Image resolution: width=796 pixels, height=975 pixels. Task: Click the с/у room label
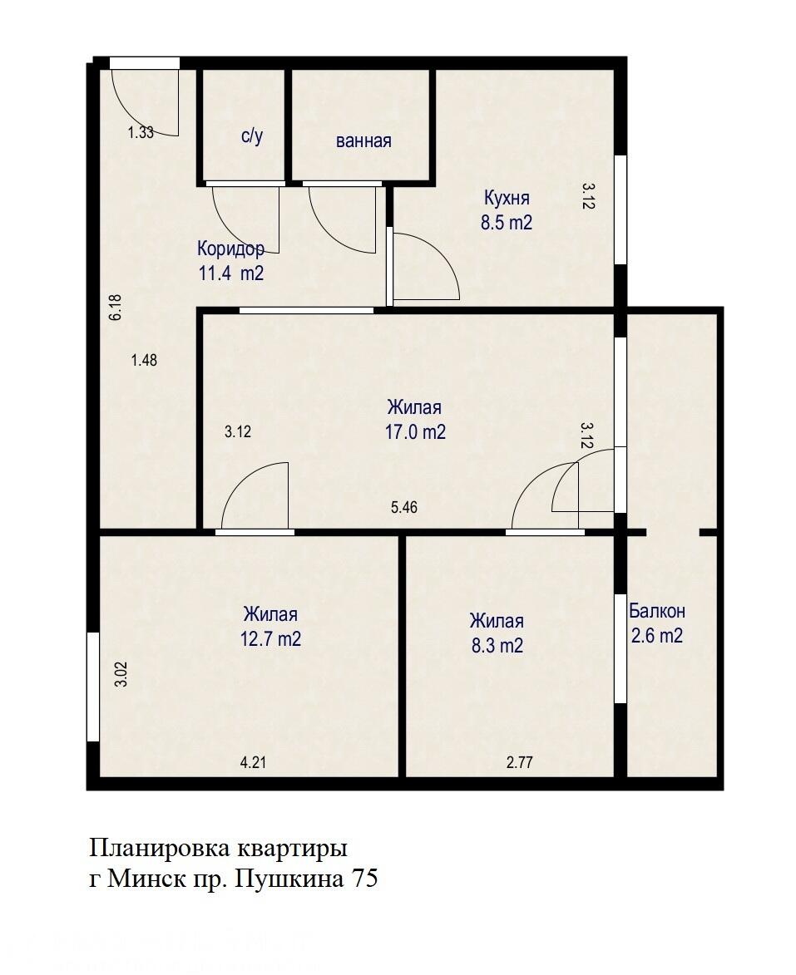point(251,136)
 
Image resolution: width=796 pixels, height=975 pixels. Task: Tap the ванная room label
point(363,140)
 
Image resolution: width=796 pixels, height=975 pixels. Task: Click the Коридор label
point(230,248)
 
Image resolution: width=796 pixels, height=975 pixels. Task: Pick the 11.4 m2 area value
point(230,273)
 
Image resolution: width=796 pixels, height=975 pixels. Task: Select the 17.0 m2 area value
point(414,432)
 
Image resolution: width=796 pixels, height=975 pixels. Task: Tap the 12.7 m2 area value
point(270,640)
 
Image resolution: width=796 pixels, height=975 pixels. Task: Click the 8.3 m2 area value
point(497,645)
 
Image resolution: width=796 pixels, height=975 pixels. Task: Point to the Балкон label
point(657,611)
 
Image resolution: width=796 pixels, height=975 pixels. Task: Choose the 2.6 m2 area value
point(657,636)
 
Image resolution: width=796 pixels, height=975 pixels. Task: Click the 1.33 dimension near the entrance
point(141,131)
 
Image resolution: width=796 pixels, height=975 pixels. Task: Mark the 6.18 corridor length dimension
point(116,308)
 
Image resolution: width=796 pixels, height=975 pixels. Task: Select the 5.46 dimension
point(404,507)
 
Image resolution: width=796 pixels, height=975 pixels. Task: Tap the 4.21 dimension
point(254,762)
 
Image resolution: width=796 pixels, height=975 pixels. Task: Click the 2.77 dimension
point(519,762)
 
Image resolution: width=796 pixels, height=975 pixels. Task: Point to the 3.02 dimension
point(121,672)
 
